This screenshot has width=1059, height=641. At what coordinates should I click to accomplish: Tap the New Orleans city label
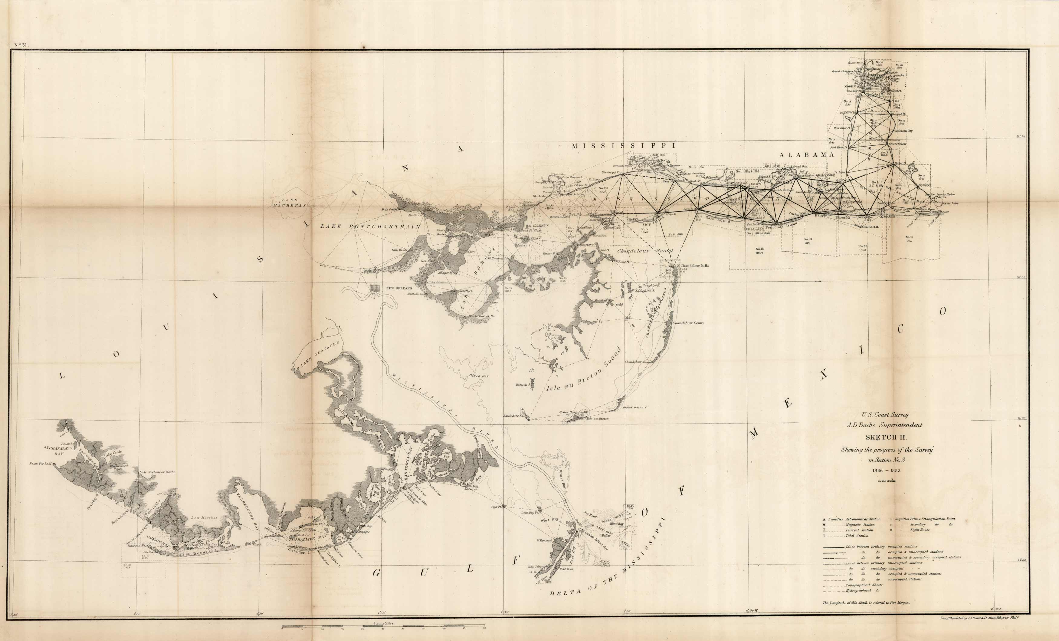click(399, 289)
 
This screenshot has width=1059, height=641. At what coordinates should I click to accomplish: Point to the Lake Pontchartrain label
click(370, 226)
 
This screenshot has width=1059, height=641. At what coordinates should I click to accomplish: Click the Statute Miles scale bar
click(383, 626)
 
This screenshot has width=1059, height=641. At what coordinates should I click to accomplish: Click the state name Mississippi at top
click(623, 146)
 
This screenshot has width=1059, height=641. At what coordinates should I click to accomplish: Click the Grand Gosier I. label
click(635, 407)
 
